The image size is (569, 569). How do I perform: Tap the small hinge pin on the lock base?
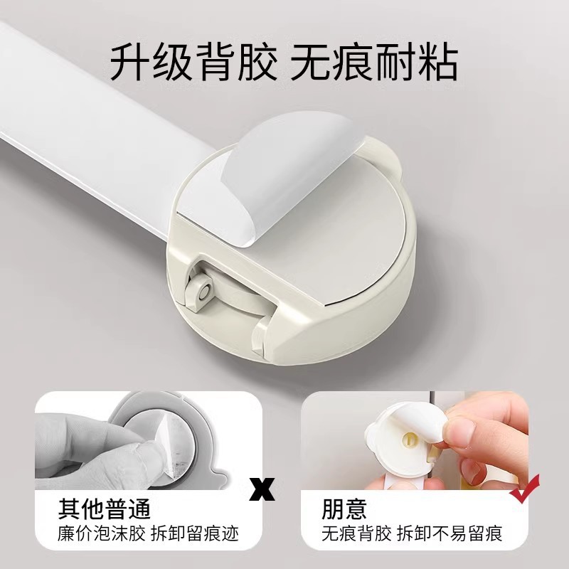(206, 291)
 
